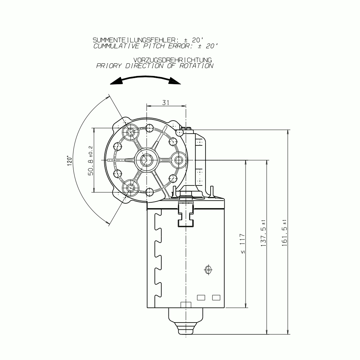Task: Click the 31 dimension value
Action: (x=166, y=102)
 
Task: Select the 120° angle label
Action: (x=69, y=161)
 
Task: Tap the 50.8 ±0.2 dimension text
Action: (x=91, y=161)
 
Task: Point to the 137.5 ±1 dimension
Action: (x=264, y=233)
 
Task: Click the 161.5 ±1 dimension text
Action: (x=284, y=233)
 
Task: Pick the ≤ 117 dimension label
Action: (x=242, y=244)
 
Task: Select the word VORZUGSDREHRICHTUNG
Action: (x=173, y=60)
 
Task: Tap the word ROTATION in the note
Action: (x=197, y=66)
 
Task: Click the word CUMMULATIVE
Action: (x=116, y=46)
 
